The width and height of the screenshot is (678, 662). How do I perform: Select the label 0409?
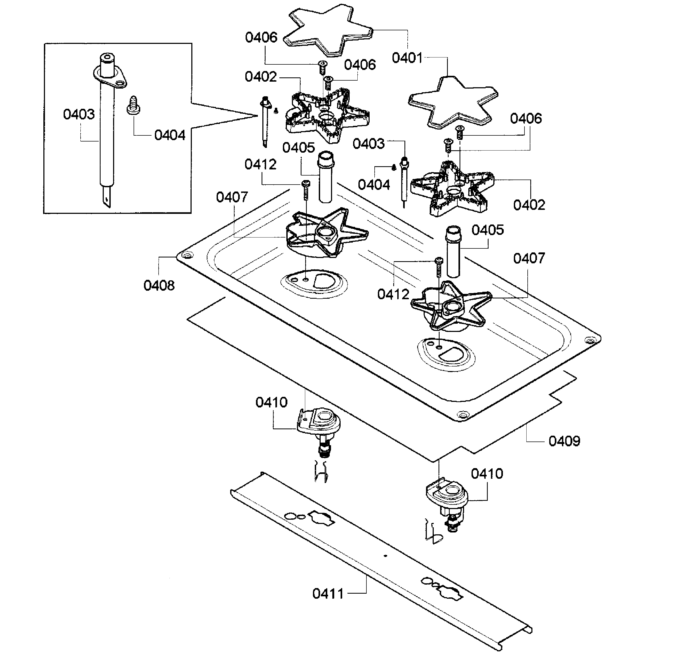(564, 441)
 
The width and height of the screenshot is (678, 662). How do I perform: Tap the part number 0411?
(328, 593)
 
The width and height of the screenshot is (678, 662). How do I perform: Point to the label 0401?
(407, 58)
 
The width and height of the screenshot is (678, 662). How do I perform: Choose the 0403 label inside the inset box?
(79, 114)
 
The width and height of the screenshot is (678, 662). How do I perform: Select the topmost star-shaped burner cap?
(328, 31)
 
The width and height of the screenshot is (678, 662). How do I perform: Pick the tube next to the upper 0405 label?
(326, 177)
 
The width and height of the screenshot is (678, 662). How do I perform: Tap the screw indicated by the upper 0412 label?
(306, 190)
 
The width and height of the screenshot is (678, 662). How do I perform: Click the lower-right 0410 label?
(487, 473)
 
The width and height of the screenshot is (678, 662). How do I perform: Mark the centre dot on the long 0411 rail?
(385, 556)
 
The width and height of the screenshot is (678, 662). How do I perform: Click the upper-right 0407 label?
(529, 258)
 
